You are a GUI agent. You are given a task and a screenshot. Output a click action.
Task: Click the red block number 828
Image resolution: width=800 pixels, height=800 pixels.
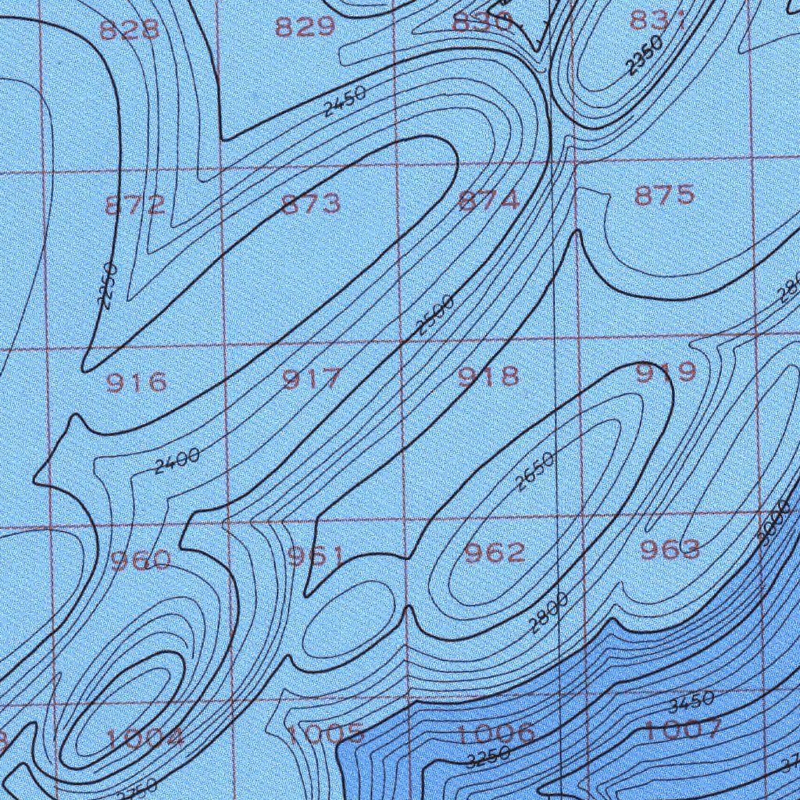pyautogui.click(x=130, y=30)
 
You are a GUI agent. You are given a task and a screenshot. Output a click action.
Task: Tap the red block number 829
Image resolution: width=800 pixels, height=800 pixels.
pyautogui.click(x=305, y=27)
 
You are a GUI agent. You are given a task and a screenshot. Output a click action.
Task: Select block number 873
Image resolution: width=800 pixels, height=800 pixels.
pyautogui.click(x=311, y=203)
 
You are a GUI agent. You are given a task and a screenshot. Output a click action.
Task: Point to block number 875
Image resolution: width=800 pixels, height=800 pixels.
pyautogui.click(x=664, y=195)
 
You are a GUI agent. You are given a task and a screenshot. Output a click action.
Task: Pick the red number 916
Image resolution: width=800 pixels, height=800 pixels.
pyautogui.click(x=136, y=382)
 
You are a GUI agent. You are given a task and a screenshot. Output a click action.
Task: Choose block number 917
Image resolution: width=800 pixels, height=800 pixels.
pyautogui.click(x=312, y=380)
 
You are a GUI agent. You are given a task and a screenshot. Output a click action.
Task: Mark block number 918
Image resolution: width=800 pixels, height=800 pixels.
pyautogui.click(x=488, y=377)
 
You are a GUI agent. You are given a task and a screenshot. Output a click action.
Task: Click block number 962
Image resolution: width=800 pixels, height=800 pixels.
pyautogui.click(x=495, y=553)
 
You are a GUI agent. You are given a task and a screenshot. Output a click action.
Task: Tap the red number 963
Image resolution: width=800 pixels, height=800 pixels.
pyautogui.click(x=670, y=550)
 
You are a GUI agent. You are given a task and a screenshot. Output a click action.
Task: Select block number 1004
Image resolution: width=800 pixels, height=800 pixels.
pyautogui.click(x=145, y=737)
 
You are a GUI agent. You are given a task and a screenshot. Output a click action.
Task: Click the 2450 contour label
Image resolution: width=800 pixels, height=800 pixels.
pyautogui.click(x=345, y=101)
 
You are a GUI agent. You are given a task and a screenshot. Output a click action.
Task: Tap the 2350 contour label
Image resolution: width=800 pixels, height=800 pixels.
pyautogui.click(x=645, y=55)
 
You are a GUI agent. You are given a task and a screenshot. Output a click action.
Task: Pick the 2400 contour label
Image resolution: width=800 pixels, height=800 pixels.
pyautogui.click(x=177, y=461)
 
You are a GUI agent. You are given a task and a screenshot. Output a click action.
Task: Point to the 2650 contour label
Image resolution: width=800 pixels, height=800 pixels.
pyautogui.click(x=535, y=471)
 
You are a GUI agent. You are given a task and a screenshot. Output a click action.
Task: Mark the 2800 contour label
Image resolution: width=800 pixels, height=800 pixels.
pyautogui.click(x=548, y=613)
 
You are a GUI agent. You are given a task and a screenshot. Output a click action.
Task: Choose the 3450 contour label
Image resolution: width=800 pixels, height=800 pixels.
pyautogui.click(x=691, y=702)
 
